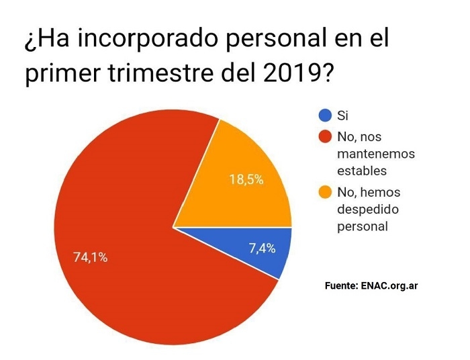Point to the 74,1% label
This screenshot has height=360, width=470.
click(91, 257)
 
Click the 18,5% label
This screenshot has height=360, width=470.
click(246, 180)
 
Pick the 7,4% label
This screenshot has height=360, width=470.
click(262, 248)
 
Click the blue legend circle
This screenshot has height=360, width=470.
click(325, 115)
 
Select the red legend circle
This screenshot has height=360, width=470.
click(325, 138)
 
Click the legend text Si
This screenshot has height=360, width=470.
click(344, 116)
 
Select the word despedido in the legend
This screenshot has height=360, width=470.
click(369, 210)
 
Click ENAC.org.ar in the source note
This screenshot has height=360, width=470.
click(389, 285)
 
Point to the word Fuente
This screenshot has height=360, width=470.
click(340, 285)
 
